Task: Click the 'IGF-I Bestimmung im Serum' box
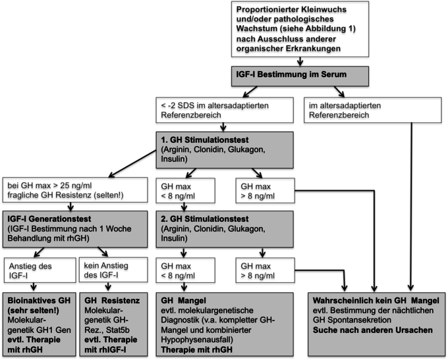pos(300,76)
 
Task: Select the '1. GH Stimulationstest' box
pos(225,150)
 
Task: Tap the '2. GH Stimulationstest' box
pos(225,229)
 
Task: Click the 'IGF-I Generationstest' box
pos(75,229)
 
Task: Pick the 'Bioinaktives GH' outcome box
pos(40,324)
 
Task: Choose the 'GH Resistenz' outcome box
pos(113,324)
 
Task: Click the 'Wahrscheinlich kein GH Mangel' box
pos(377,324)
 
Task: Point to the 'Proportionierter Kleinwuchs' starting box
pos(300,29)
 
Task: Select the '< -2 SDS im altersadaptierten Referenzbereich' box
pos(225,110)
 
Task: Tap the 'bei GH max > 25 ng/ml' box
pos(75,190)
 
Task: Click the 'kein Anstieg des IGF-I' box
pos(113,270)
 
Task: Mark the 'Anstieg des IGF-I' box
pos(40,270)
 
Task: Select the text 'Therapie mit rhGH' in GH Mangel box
pos(196,349)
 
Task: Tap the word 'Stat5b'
pos(118,330)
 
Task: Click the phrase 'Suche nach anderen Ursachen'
pos(373,330)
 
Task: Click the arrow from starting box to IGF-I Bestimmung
pos(300,62)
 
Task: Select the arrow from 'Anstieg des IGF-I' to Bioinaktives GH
pos(34,287)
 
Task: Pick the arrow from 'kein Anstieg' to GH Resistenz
pos(108,287)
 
